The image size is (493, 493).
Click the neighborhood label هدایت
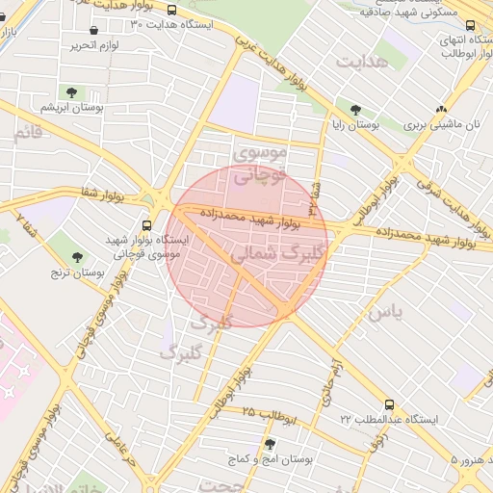364,62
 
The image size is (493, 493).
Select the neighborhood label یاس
383,312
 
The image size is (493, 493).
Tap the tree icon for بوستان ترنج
78,257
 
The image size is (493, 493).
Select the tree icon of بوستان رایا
356,110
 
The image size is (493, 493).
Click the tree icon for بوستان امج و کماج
269,444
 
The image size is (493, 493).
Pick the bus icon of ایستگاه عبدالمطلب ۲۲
388,405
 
